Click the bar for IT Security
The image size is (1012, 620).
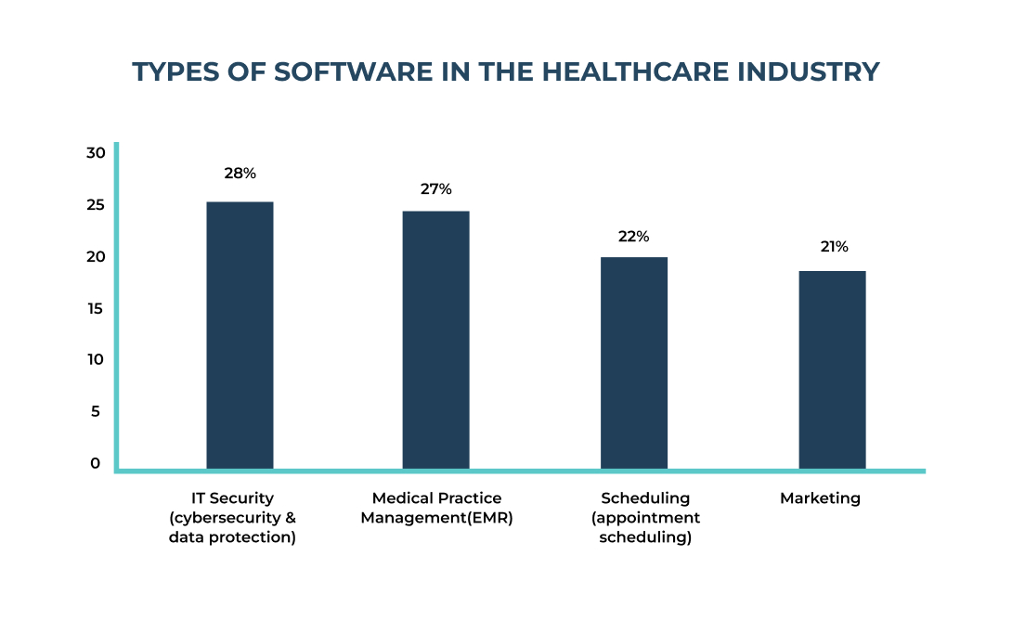pos(240,335)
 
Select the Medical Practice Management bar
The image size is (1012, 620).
pos(435,340)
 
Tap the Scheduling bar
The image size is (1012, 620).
pos(634,363)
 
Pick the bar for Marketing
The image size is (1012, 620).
pos(832,369)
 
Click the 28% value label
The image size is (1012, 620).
pos(240,174)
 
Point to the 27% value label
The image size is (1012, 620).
pos(435,189)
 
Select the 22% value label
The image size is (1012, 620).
pos(633,237)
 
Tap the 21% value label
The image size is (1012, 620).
pos(833,247)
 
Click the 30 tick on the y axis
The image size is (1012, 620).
pos(97,153)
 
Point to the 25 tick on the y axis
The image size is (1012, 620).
pos(97,205)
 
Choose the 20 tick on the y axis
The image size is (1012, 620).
pos(97,257)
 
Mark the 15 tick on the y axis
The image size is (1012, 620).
pos(97,308)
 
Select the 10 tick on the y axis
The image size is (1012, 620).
pos(97,360)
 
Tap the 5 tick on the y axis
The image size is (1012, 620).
pos(96,412)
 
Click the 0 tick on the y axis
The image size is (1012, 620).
pos(96,463)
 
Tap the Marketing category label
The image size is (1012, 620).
pos(820,498)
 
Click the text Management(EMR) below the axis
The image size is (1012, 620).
pos(436,518)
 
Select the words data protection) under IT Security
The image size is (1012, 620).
pos(232,537)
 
